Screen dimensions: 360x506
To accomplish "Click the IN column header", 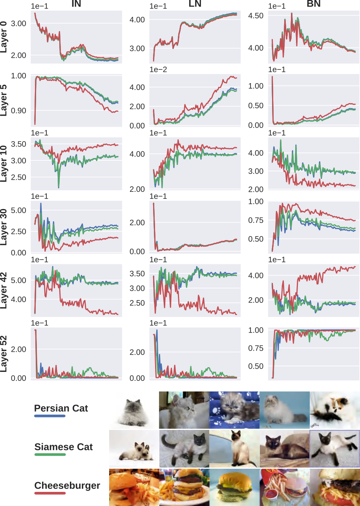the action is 76,4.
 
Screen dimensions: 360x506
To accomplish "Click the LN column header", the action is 195,4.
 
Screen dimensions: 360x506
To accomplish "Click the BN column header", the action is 314,4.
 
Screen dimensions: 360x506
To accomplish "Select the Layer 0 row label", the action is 4,37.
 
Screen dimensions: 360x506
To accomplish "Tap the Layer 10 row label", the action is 4,164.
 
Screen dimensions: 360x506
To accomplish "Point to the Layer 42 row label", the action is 4,291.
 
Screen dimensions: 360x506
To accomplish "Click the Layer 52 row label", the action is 4,354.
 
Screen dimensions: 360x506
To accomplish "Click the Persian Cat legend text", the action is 61,408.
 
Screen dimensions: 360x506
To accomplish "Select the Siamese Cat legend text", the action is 64,447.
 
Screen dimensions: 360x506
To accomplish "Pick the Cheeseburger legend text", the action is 67,486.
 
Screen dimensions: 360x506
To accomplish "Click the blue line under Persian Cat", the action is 50,416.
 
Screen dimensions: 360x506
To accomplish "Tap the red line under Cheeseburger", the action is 50,493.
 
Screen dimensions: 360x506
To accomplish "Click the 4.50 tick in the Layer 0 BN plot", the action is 256,16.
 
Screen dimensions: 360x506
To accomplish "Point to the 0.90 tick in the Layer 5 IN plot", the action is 18,111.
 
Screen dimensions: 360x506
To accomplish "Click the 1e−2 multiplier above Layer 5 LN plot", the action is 158,69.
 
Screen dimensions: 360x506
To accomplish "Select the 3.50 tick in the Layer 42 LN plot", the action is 137,274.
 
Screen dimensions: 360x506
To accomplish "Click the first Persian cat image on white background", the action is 134,410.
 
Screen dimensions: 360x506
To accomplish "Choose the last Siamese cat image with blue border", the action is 334,449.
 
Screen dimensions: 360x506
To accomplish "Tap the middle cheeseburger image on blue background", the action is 234,487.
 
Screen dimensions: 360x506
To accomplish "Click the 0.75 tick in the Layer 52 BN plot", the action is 256,348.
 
